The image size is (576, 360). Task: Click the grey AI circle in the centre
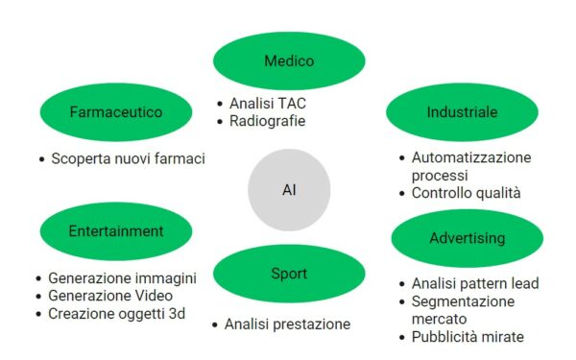[x=289, y=189]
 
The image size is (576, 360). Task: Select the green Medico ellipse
[x=289, y=61]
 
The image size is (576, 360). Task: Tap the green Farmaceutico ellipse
[x=115, y=111]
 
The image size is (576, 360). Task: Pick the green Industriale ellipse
[x=462, y=112]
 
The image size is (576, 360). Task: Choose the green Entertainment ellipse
[x=116, y=231]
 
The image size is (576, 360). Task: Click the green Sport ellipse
[x=288, y=274]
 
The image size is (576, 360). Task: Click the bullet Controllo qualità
[x=466, y=193]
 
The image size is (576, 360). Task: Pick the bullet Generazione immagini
[x=122, y=278]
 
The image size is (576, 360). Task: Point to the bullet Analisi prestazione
[x=287, y=324]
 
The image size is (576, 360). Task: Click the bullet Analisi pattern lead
[x=474, y=283]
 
